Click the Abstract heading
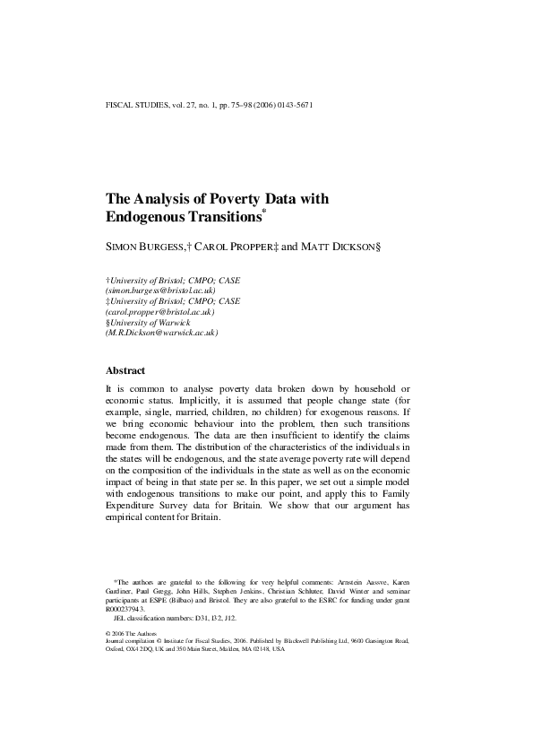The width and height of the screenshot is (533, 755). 125,369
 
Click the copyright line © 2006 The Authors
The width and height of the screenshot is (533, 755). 132,633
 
